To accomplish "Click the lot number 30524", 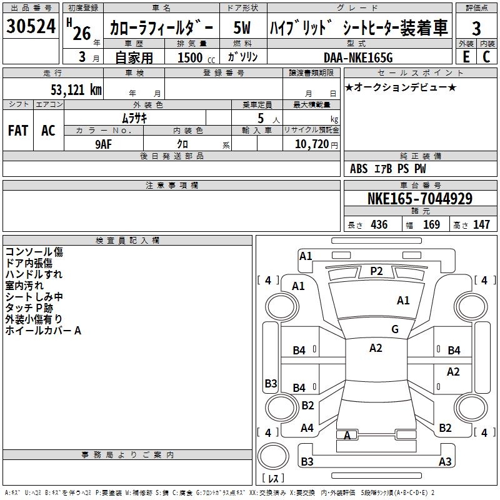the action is coord(31,26).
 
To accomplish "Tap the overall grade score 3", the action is coord(476,28).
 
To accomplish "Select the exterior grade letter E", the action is coord(466,57).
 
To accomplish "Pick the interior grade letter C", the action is coord(486,57).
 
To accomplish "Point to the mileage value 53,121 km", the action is coord(76,90).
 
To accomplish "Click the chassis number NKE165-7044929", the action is coord(420,199).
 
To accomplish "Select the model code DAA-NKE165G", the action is coord(358,57).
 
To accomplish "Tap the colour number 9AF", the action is coord(103,144).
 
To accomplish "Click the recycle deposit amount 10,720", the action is coord(312,144).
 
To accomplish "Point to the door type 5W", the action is coord(242,27).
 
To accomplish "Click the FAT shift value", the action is coord(18,131).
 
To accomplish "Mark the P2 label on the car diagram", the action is coord(376,271).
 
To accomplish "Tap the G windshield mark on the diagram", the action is coord(395,329).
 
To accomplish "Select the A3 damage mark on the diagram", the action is coord(445,461).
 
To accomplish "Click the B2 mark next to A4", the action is coord(307,405).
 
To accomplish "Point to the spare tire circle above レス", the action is coord(273,456).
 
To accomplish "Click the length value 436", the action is coord(379,225).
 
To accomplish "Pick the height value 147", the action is coord(481,225).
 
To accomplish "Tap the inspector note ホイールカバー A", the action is coord(43,331).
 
